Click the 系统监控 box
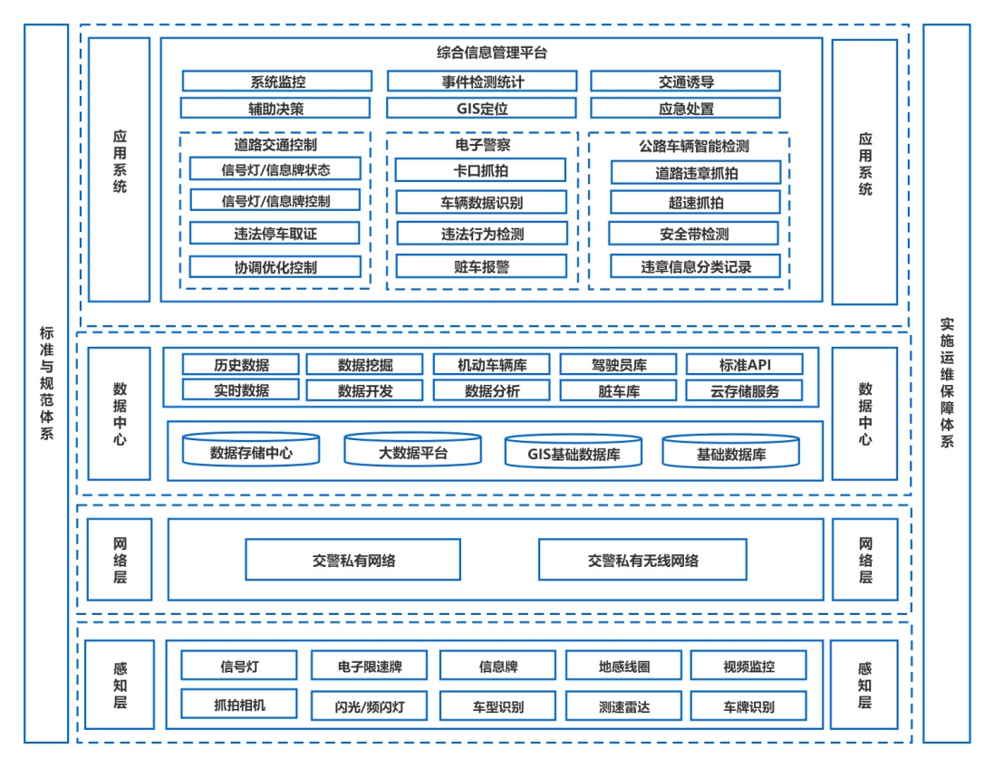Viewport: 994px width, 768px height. point(277,82)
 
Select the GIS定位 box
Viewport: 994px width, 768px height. point(481,109)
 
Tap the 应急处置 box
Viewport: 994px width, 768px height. point(685,109)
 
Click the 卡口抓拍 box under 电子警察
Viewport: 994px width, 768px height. point(480,170)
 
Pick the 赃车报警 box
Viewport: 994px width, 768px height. point(481,266)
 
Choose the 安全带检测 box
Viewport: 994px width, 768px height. point(693,234)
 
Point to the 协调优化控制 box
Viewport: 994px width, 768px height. point(275,267)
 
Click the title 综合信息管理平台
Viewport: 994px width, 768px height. point(491,53)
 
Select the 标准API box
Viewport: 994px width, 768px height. point(744,365)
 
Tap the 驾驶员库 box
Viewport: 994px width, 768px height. point(617,365)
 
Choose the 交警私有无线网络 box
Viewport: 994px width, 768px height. point(642,561)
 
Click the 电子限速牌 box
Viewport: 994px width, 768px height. point(369,667)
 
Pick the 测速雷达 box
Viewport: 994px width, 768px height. point(623,706)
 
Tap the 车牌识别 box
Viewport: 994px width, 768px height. point(748,706)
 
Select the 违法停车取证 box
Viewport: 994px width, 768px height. point(275,234)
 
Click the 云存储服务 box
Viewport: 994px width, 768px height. point(744,391)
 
